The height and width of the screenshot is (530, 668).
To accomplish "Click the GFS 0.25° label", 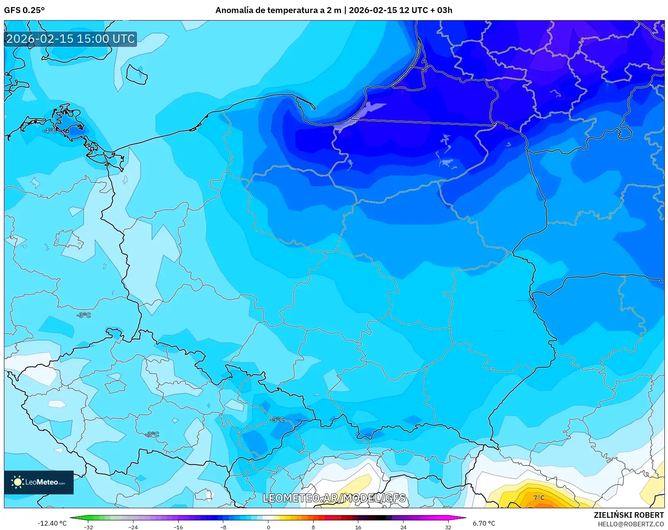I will [x=24, y=10].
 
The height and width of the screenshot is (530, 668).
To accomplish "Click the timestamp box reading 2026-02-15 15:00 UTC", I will [x=70, y=39].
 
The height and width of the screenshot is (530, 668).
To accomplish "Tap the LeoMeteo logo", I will [x=39, y=482].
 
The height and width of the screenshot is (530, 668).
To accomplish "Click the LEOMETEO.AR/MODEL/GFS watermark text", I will [x=334, y=498].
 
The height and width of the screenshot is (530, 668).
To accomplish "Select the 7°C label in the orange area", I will [x=539, y=498].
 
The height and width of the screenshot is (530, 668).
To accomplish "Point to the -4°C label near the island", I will [x=49, y=131].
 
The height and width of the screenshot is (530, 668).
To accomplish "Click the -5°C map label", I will [x=278, y=420].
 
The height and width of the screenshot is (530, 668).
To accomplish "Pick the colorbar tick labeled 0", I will [x=268, y=527].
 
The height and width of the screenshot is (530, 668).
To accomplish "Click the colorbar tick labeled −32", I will [x=88, y=527].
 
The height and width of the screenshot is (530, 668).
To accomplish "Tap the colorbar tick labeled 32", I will [x=448, y=527].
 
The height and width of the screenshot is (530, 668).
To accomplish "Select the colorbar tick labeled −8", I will [x=223, y=527].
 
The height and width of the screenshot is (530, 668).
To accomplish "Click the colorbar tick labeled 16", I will [x=358, y=527].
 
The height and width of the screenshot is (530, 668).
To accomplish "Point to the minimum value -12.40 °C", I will [x=52, y=523].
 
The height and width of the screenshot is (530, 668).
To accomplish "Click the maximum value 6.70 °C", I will [x=484, y=523].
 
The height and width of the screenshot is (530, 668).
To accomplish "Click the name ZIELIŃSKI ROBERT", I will [x=628, y=515].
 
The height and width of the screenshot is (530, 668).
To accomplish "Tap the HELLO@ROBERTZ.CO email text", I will [x=630, y=524].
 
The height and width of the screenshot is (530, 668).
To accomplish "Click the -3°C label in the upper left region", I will [x=84, y=315].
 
